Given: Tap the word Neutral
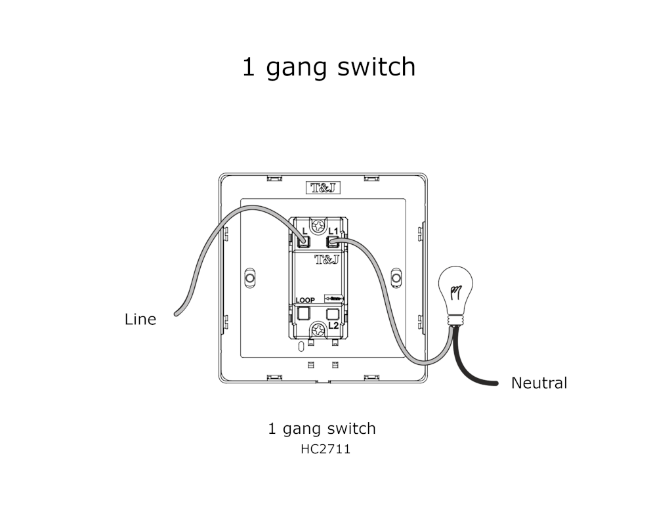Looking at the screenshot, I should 539,383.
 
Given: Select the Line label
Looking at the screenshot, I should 140,320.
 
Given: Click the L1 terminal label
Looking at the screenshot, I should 333,231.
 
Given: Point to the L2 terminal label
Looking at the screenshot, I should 333,326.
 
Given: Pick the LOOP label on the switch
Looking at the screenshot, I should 305,300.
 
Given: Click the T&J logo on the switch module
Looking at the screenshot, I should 327,259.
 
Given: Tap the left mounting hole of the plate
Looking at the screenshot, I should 249,278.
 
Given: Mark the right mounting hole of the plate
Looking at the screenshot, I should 396,278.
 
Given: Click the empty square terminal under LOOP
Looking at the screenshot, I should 304,313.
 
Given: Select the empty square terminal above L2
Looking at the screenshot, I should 333,313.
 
